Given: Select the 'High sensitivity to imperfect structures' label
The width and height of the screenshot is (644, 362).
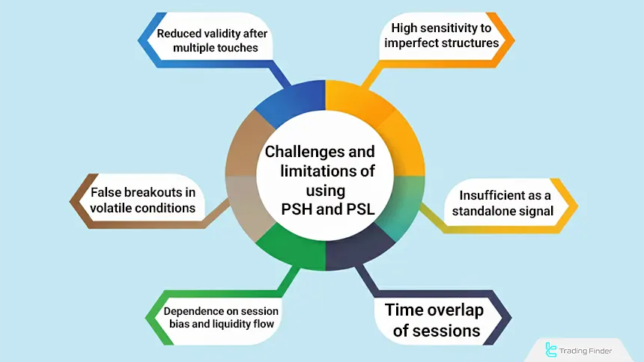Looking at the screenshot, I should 441,35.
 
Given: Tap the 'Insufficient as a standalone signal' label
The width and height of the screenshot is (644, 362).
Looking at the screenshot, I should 502,203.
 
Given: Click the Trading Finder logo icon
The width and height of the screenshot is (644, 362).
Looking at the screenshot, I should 553,349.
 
